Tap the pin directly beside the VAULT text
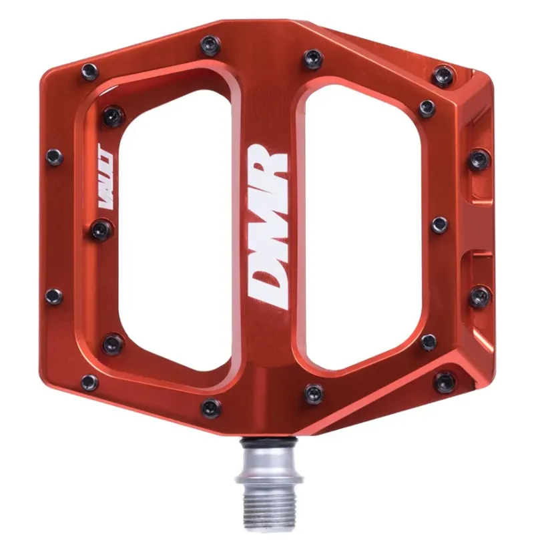[101, 230]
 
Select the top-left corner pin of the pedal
[89, 71]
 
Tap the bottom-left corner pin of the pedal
[89, 383]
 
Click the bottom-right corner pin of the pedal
[445, 382]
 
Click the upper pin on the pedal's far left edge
[54, 157]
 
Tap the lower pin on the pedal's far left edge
[53, 296]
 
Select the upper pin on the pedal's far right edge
[479, 159]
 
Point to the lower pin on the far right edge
[479, 296]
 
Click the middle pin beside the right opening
[439, 224]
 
